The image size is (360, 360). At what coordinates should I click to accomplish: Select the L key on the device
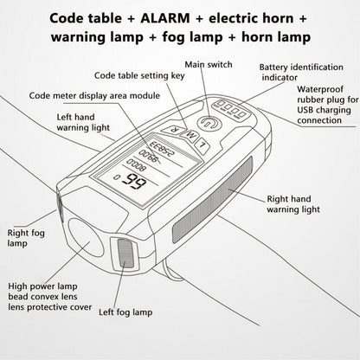pos(203,144)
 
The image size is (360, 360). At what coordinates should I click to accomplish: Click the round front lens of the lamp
pos(86,238)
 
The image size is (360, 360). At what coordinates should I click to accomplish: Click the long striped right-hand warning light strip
pos(213,200)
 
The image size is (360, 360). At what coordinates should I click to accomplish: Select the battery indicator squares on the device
pos(231,109)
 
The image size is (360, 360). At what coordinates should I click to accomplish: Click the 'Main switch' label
pos(209,64)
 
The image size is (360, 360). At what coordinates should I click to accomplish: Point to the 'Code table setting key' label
pos(139,76)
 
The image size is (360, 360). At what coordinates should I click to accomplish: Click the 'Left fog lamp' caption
pos(125,312)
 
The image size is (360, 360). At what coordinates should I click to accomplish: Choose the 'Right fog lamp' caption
pos(26,238)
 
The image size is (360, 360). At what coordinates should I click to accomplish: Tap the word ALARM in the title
pos(165,19)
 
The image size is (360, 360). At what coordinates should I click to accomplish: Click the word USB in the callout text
pos(305,110)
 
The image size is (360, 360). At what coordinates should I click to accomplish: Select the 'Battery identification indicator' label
pos(301,73)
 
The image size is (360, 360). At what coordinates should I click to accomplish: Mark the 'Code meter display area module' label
pos(94,95)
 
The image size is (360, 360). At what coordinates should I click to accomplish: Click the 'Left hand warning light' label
pos(83,122)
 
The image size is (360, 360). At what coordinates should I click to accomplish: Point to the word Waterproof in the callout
pos(320,89)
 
